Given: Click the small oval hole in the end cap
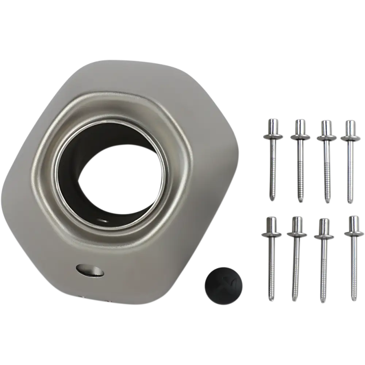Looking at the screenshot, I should coord(89,270).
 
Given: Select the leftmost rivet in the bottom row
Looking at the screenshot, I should coord(271,255).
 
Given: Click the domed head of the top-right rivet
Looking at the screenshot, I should coord(349,126).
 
